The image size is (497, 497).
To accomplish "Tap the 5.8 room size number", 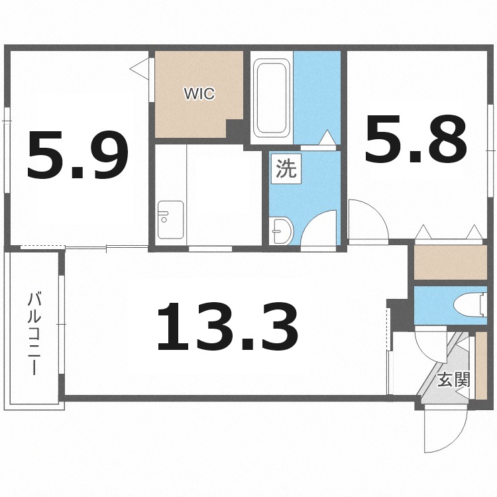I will tap(415, 141).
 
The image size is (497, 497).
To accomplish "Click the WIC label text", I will tap(199, 94).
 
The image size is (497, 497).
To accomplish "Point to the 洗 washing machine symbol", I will tap(286, 169).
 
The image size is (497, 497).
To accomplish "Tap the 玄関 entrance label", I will tap(454, 380).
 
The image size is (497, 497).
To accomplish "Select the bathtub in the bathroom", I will tap(272, 97).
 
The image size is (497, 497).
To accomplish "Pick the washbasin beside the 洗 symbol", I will tap(282, 230).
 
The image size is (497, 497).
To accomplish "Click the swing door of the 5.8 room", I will tap(366, 219).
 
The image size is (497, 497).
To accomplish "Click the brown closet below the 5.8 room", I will tap(451, 262).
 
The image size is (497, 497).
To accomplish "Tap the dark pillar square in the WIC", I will tap(235, 129).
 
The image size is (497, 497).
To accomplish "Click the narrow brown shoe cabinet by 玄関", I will tap(482, 365).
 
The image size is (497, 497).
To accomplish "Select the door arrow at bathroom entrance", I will tap(326, 138).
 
